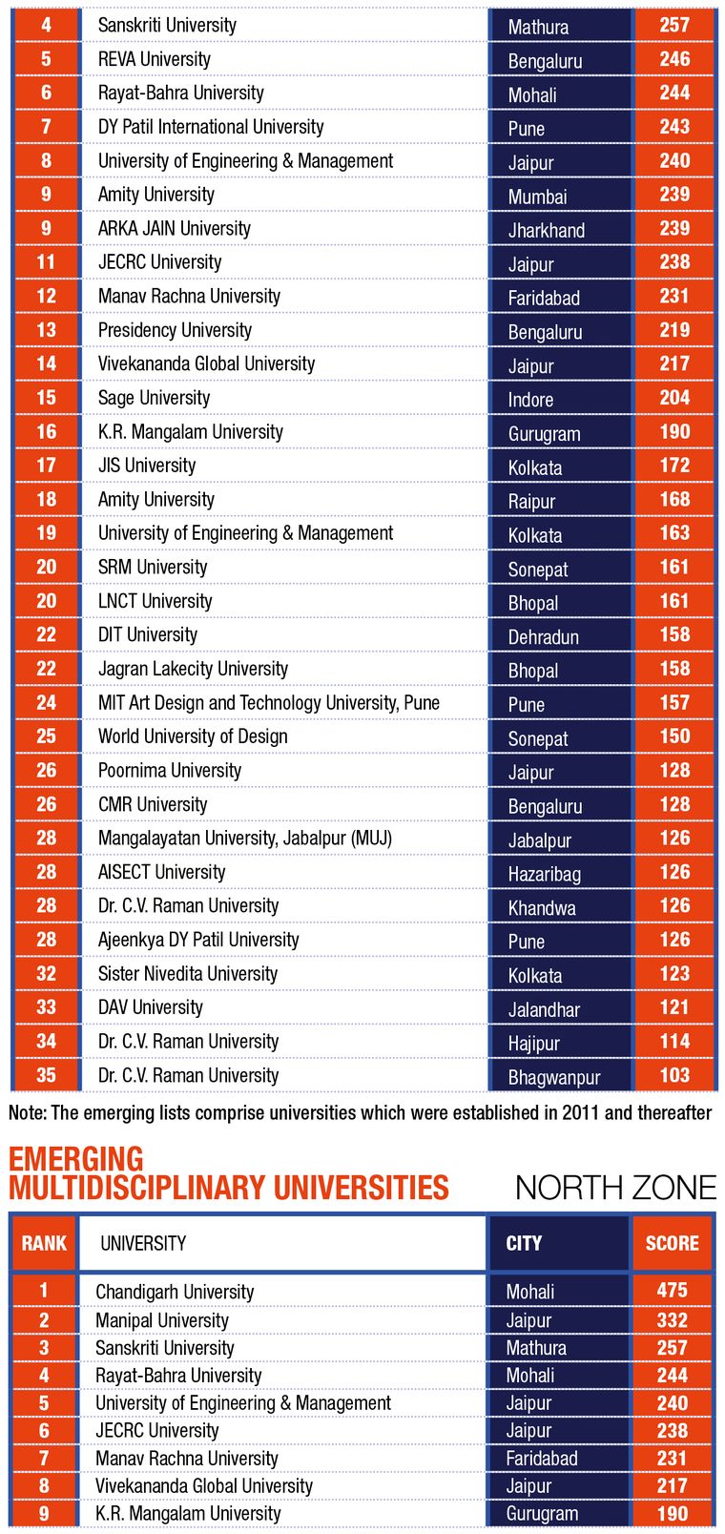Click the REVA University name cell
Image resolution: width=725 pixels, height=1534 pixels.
click(155, 59)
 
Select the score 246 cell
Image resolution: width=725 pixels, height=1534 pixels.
click(673, 59)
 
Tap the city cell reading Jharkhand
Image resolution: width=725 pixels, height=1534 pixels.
click(546, 230)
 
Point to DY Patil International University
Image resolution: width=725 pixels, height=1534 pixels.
click(211, 127)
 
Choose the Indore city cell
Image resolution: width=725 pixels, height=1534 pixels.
click(530, 400)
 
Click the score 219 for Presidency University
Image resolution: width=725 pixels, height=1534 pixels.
click(673, 330)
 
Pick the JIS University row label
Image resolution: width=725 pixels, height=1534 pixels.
click(147, 466)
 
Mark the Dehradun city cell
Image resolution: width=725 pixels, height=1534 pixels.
click(543, 636)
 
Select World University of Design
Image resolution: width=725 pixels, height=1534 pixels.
click(193, 736)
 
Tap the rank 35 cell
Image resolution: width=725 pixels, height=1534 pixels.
click(46, 1075)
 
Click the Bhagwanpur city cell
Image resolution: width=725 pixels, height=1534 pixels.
click(553, 1077)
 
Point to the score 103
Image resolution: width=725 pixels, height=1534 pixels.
click(673, 1075)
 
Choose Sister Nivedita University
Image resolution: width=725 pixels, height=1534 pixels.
click(188, 974)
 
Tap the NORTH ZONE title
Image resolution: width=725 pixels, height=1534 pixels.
click(615, 1188)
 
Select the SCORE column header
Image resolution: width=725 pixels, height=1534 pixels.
click(672, 1243)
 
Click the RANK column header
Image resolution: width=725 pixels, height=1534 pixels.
click(44, 1243)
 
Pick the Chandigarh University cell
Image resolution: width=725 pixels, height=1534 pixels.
click(175, 1292)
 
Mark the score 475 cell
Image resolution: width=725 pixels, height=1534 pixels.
click(672, 1291)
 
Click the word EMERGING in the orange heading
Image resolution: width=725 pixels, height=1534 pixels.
click(76, 1160)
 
